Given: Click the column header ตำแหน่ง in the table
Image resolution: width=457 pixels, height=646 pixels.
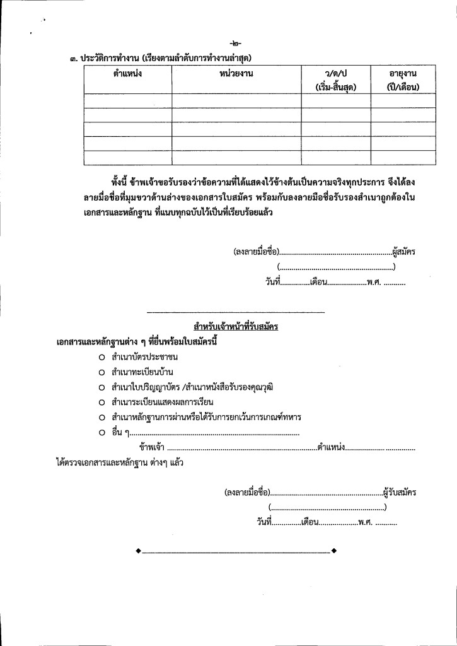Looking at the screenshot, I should point(119,74).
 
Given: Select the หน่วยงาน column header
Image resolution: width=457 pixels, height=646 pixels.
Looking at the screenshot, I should point(236,74).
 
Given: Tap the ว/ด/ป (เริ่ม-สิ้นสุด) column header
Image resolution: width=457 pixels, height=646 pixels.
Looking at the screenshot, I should point(335,80).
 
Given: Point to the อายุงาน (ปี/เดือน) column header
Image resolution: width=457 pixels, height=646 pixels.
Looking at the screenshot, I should point(403,80).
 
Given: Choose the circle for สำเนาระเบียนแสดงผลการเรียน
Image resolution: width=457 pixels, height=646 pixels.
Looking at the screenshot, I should point(101,402).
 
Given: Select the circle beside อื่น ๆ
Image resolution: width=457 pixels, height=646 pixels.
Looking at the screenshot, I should point(101,433).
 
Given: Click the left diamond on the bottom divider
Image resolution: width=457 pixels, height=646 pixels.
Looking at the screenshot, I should point(139,552).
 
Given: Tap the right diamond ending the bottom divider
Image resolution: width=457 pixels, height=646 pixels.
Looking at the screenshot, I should point(333,552).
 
